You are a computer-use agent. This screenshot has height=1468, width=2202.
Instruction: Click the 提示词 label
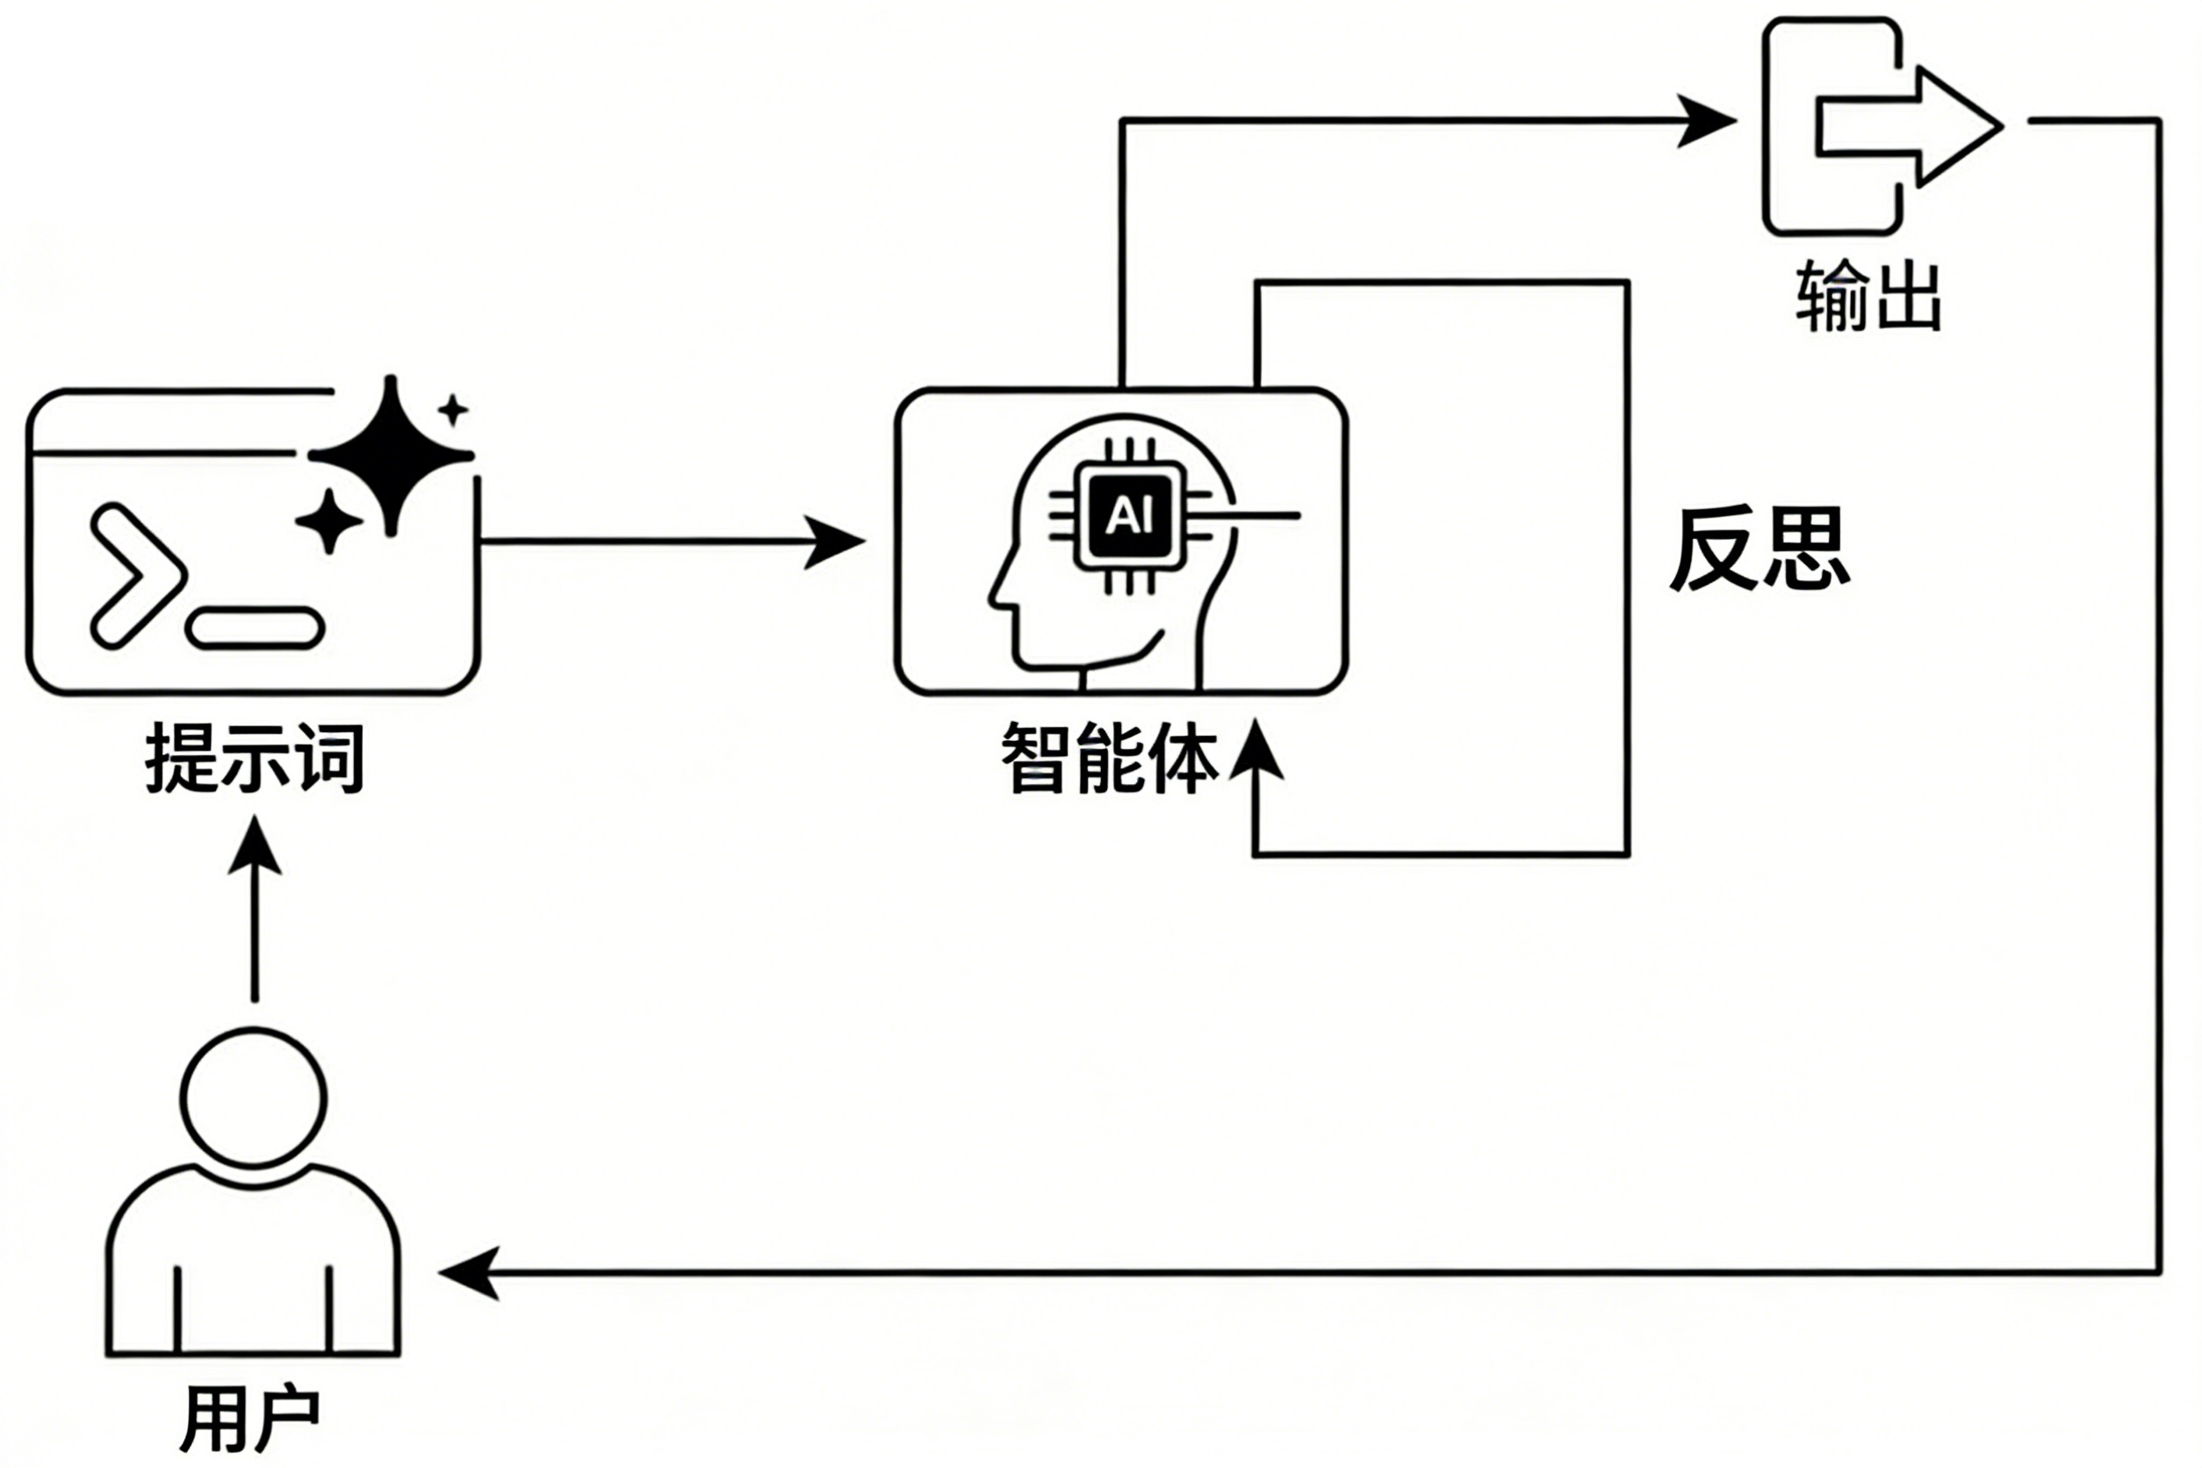click(x=255, y=759)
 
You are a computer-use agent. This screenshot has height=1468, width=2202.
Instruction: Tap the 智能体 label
click(x=1110, y=759)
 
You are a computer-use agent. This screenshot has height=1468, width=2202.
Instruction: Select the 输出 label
click(x=1868, y=297)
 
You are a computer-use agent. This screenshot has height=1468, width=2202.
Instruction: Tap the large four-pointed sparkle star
click(x=392, y=456)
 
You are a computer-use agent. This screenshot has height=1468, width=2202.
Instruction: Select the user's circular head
click(x=254, y=1098)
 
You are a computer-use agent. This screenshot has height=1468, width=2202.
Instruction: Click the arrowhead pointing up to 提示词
click(x=255, y=846)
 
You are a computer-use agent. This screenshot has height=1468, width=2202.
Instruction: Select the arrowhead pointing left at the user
click(x=468, y=1272)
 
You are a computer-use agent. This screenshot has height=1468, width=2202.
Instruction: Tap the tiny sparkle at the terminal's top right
click(x=453, y=410)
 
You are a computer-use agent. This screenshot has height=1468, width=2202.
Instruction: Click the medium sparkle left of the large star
click(x=328, y=521)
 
